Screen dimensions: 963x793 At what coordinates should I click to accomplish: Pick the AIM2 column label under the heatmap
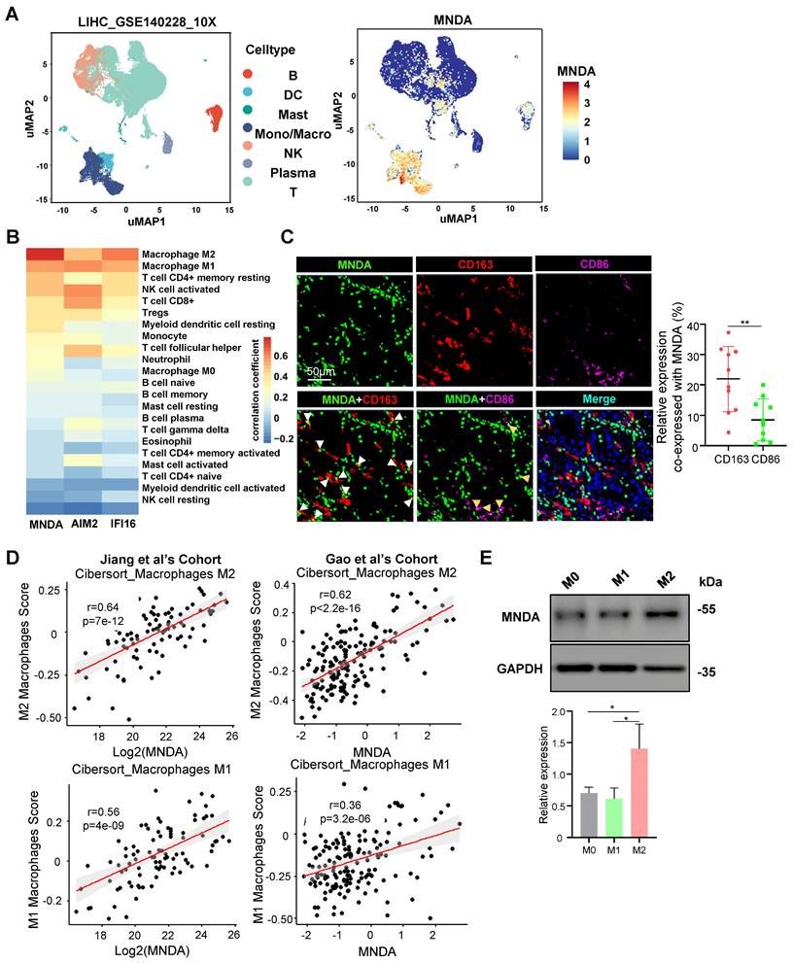(x=83, y=526)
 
